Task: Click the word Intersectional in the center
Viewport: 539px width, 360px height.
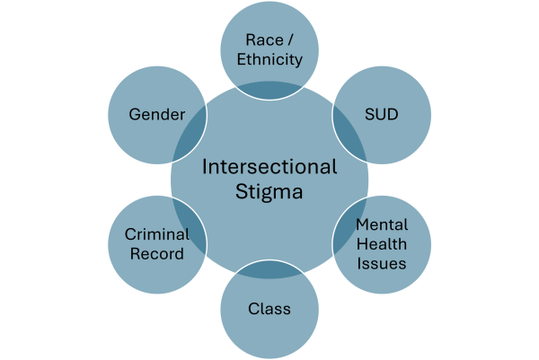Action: pyautogui.click(x=269, y=167)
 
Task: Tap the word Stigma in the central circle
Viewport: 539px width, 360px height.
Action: pyautogui.click(x=269, y=190)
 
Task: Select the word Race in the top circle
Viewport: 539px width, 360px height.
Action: pyautogui.click(x=260, y=40)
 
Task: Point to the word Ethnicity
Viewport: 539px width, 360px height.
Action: pyautogui.click(x=269, y=60)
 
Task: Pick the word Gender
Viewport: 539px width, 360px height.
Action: pyautogui.click(x=156, y=116)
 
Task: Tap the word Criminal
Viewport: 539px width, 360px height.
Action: pyautogui.click(x=156, y=233)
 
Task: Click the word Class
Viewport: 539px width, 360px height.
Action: pyautogui.click(x=269, y=309)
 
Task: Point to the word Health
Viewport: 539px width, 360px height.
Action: pyautogui.click(x=382, y=243)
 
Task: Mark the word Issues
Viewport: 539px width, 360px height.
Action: pyautogui.click(x=382, y=263)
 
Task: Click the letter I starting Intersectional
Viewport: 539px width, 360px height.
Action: pyautogui.click(x=205, y=167)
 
